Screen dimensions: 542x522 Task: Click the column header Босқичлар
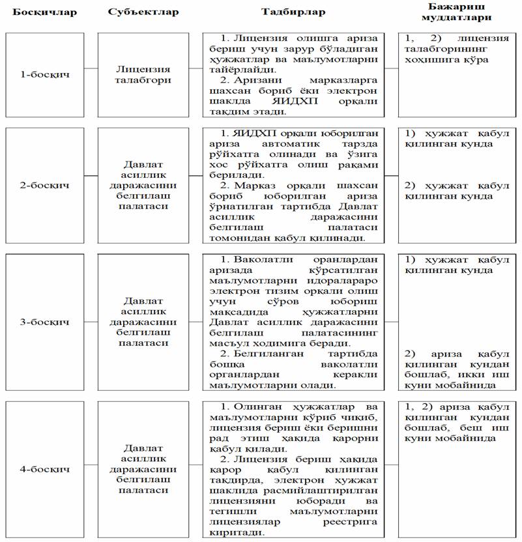[x=43, y=12]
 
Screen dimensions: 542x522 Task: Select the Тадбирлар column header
[x=293, y=12]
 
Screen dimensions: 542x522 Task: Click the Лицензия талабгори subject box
[x=135, y=74]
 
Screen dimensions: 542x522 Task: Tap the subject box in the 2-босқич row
[x=135, y=185]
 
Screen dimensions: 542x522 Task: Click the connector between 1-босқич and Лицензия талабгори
[x=91, y=68]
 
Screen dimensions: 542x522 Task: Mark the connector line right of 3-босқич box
[x=91, y=322]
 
